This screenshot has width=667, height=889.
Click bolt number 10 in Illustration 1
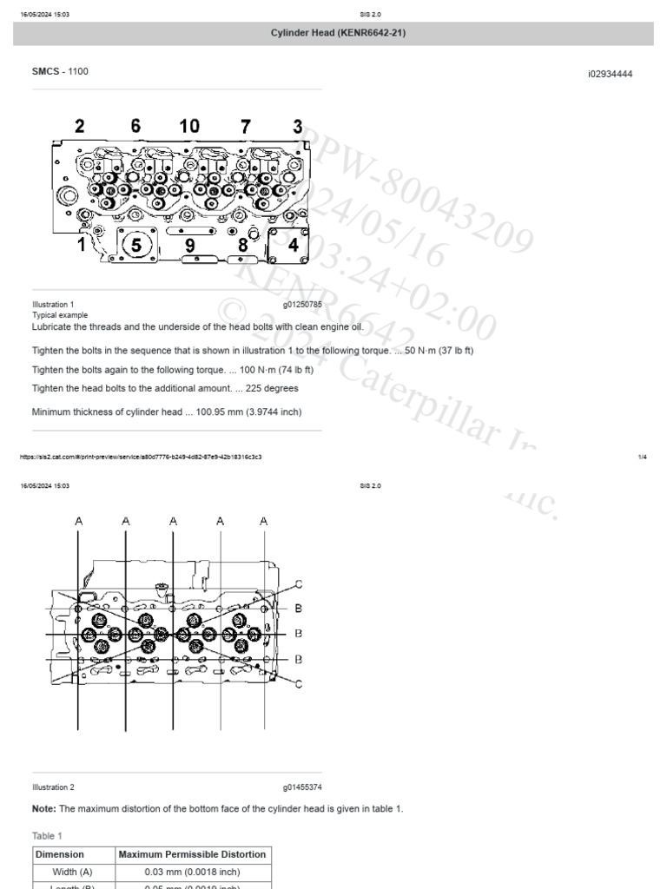[189, 127]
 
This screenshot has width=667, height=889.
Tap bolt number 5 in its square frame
[136, 246]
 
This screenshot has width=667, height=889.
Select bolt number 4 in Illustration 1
[293, 246]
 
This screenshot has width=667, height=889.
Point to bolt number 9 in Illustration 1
[189, 246]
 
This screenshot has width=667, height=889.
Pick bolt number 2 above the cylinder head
[79, 127]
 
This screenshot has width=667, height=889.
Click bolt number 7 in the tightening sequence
[246, 127]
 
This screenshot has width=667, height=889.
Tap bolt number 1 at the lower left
[82, 245]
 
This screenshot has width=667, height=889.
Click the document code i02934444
[610, 75]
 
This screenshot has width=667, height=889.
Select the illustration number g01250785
[302, 305]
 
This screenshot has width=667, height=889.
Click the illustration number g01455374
[302, 787]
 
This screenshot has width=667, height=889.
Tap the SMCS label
[46, 71]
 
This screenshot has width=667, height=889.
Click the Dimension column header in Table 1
[60, 854]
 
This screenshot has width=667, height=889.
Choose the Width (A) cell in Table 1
[73, 872]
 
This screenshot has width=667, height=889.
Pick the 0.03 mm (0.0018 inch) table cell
[192, 872]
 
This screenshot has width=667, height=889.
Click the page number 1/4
[642, 457]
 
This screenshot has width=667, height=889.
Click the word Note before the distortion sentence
[43, 808]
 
